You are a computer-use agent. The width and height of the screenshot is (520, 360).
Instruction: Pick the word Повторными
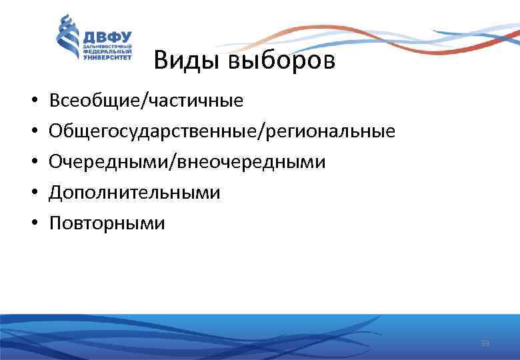107,223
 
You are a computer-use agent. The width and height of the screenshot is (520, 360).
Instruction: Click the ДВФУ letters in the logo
107,37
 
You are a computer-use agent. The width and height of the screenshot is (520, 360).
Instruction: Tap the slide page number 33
485,343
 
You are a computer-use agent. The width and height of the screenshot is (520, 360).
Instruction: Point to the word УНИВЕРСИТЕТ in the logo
107,58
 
